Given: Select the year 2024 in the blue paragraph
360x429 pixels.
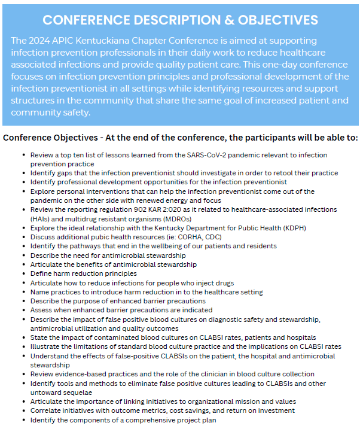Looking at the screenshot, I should [x=41, y=40].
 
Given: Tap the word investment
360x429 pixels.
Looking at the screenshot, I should [x=273, y=410].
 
